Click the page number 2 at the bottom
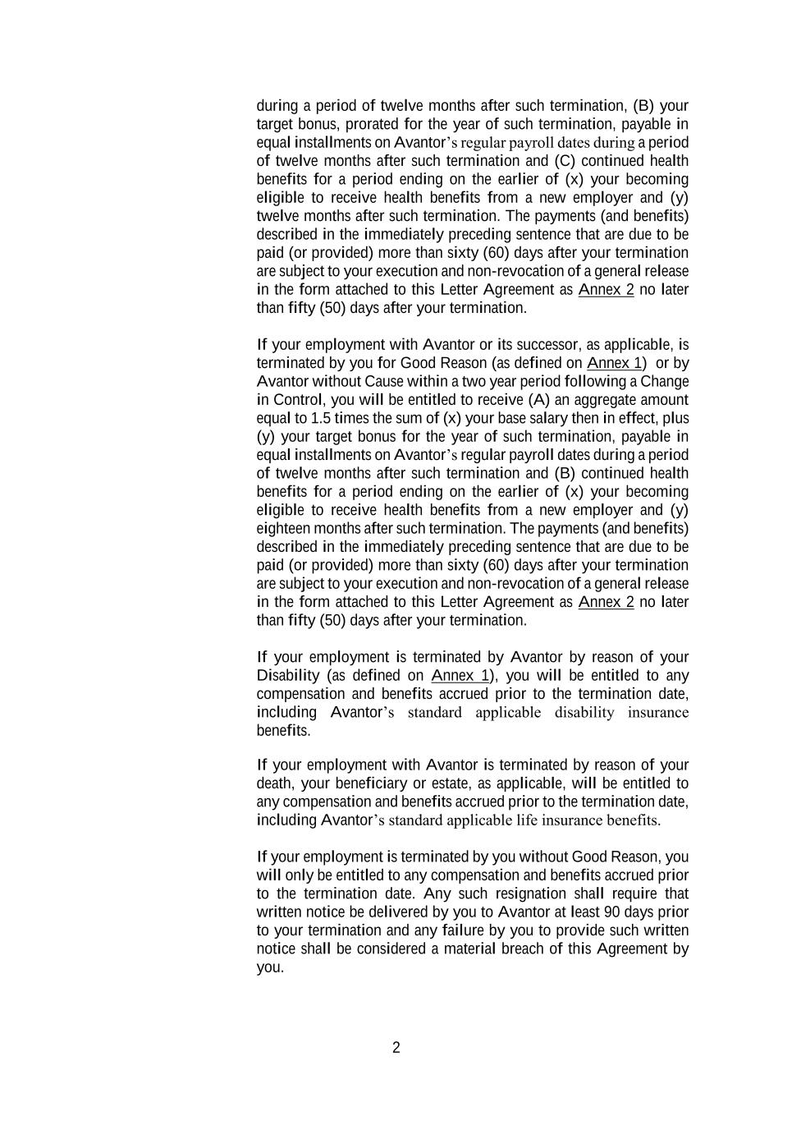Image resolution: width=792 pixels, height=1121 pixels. (396, 1047)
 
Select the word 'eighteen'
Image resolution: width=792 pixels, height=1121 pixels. (282, 528)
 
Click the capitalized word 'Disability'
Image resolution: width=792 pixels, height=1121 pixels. (287, 675)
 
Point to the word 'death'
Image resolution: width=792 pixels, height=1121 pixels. (275, 783)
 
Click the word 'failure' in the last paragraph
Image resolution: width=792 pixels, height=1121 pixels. (463, 930)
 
